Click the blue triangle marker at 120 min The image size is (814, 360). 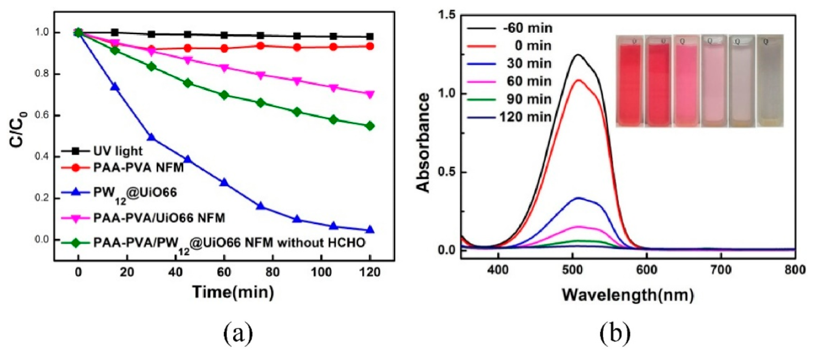(370, 230)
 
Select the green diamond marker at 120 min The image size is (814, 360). (370, 126)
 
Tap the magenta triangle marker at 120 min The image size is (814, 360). (370, 95)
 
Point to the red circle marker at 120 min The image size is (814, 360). (370, 46)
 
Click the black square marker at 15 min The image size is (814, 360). (114, 32)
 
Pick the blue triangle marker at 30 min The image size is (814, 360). (151, 137)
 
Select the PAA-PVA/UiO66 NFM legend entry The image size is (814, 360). (143, 218)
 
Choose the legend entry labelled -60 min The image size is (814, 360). (510, 28)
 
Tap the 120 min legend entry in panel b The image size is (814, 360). (510, 117)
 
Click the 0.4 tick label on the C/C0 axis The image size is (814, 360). (42, 156)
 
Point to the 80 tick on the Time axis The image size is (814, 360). (272, 272)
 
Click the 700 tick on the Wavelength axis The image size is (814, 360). (721, 270)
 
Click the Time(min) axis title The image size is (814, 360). (233, 292)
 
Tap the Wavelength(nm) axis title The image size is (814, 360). (628, 295)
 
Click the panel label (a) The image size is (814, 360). (238, 334)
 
